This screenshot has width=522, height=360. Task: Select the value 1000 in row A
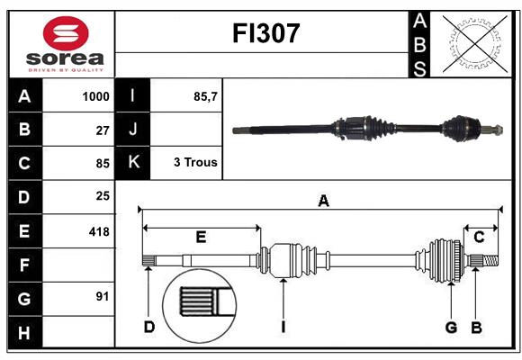click(95, 96)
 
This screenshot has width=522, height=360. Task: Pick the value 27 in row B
click(102, 130)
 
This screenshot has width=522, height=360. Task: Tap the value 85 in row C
click(102, 164)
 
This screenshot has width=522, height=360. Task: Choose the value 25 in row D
click(102, 197)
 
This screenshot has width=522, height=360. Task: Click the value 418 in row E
click(99, 231)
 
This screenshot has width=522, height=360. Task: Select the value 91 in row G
click(102, 297)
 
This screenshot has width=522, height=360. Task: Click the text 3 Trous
click(195, 164)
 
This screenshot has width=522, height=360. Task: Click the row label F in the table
click(24, 265)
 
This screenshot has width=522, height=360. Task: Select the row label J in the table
click(133, 130)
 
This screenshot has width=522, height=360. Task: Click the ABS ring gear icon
click(475, 42)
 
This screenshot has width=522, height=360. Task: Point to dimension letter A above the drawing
click(323, 202)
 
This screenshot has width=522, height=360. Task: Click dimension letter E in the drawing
click(201, 238)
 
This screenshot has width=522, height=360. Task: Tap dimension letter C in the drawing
click(479, 238)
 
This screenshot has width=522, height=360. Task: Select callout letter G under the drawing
click(451, 327)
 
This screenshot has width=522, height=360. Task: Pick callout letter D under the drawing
click(149, 327)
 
